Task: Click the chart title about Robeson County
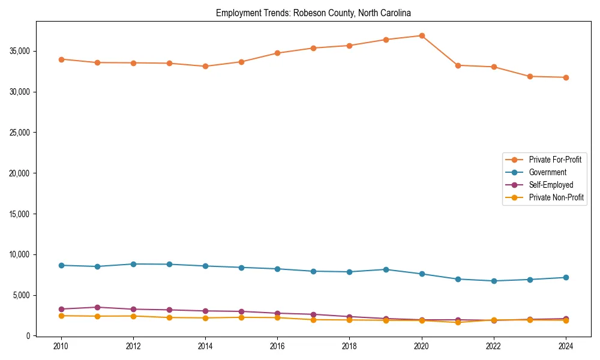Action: tap(313, 13)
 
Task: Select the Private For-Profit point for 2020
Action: tap(422, 35)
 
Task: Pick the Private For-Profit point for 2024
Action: tap(566, 77)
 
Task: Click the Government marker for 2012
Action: tap(133, 264)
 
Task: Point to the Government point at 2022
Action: tap(494, 281)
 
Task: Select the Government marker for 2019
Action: tap(386, 269)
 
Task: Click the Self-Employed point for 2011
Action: tap(97, 307)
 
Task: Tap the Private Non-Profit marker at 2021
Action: tap(458, 322)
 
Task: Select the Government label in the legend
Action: tap(547, 172)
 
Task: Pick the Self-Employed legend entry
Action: tap(551, 185)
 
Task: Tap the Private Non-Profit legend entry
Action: tap(556, 197)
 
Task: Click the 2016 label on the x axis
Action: tap(277, 346)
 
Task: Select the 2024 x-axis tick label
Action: tap(566, 346)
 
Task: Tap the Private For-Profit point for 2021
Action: tap(458, 65)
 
